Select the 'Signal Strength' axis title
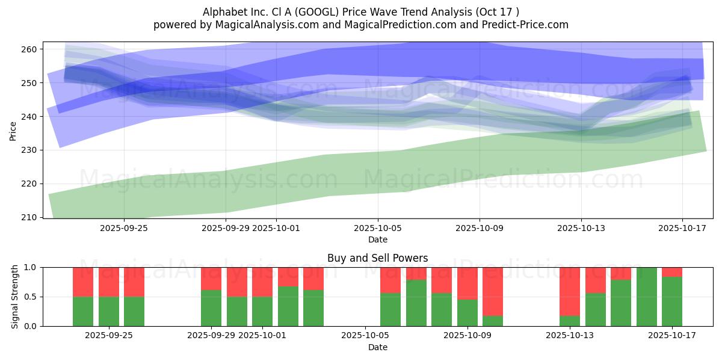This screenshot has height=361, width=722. click(15, 297)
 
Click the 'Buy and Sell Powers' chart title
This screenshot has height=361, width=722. click(377, 258)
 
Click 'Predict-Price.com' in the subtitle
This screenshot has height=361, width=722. click(522, 25)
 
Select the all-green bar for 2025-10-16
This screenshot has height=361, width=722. click(646, 297)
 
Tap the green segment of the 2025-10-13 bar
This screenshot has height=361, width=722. click(569, 321)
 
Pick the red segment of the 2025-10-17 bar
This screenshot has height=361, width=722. click(671, 271)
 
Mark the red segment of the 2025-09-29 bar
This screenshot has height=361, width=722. click(211, 279)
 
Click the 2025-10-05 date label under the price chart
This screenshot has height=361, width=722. click(378, 228)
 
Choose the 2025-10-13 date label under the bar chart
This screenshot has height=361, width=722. click(569, 336)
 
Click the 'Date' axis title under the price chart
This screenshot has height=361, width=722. click(377, 239)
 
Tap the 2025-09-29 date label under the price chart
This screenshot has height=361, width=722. click(226, 228)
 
